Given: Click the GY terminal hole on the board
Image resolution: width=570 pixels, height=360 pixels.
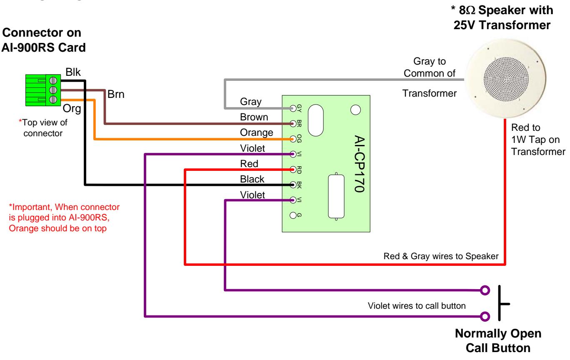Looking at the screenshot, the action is pyautogui.click(x=293, y=108).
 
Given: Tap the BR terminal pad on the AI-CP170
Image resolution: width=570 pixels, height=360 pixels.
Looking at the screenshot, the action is pyautogui.click(x=293, y=124).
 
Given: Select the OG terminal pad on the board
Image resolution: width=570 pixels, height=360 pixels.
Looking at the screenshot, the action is pyautogui.click(x=293, y=139).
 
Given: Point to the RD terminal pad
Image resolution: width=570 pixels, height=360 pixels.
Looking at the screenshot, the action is pyautogui.click(x=293, y=169).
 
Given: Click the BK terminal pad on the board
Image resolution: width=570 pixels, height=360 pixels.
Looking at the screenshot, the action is pyautogui.click(x=293, y=185).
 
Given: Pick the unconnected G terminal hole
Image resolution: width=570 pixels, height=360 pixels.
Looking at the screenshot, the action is pyautogui.click(x=293, y=215).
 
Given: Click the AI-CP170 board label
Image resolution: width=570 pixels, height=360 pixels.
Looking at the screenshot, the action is pyautogui.click(x=360, y=164).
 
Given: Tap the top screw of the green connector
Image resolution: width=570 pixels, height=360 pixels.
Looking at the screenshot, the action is pyautogui.click(x=53, y=81).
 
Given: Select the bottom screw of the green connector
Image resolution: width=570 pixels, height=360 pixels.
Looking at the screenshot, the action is pyautogui.click(x=53, y=99).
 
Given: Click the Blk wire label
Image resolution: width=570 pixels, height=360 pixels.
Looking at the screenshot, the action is pyautogui.click(x=73, y=72).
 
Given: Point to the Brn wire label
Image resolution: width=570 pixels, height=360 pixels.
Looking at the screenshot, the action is pyautogui.click(x=116, y=94).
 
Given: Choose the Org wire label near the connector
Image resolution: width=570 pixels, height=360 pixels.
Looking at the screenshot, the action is pyautogui.click(x=72, y=109).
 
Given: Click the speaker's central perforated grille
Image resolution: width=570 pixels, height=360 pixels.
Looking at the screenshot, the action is pyautogui.click(x=506, y=79).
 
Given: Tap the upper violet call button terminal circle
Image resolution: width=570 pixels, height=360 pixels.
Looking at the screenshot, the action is pyautogui.click(x=485, y=290).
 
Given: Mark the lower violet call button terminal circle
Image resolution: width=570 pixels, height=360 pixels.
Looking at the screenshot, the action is pyautogui.click(x=485, y=317).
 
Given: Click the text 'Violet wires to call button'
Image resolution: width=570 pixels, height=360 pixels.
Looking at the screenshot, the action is pyautogui.click(x=417, y=305).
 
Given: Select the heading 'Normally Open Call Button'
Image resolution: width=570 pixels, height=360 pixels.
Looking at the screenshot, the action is pyautogui.click(x=498, y=340).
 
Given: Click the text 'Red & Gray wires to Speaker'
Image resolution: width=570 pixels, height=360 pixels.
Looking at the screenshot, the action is pyautogui.click(x=441, y=256).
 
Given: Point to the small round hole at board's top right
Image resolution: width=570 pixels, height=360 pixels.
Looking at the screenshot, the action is pyautogui.click(x=355, y=110).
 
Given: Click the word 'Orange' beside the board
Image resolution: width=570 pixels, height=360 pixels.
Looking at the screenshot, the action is pyautogui.click(x=257, y=132).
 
